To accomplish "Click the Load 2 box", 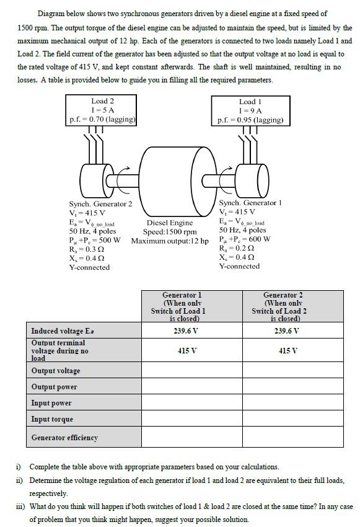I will click(102, 110).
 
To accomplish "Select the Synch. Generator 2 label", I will click(100, 203).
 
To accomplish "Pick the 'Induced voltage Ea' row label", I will click(63, 330).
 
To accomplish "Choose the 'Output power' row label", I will click(55, 387).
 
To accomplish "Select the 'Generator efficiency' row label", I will click(64, 438).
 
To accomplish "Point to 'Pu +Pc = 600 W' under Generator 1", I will click(245, 239).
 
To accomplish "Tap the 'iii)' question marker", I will click(20, 507).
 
